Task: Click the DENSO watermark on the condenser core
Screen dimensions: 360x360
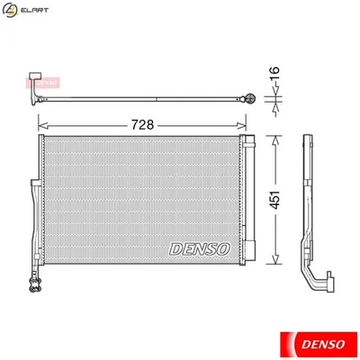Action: tap(200, 247)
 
